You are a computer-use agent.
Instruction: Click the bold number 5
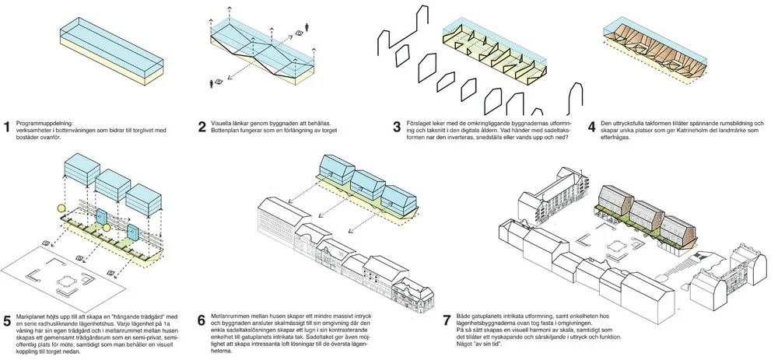tap(8, 320)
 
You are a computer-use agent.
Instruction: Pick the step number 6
tap(202, 320)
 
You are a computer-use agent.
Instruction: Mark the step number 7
tap(446, 320)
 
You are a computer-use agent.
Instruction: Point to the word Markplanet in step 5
tap(32, 315)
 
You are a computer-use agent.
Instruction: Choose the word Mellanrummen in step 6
tap(233, 314)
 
